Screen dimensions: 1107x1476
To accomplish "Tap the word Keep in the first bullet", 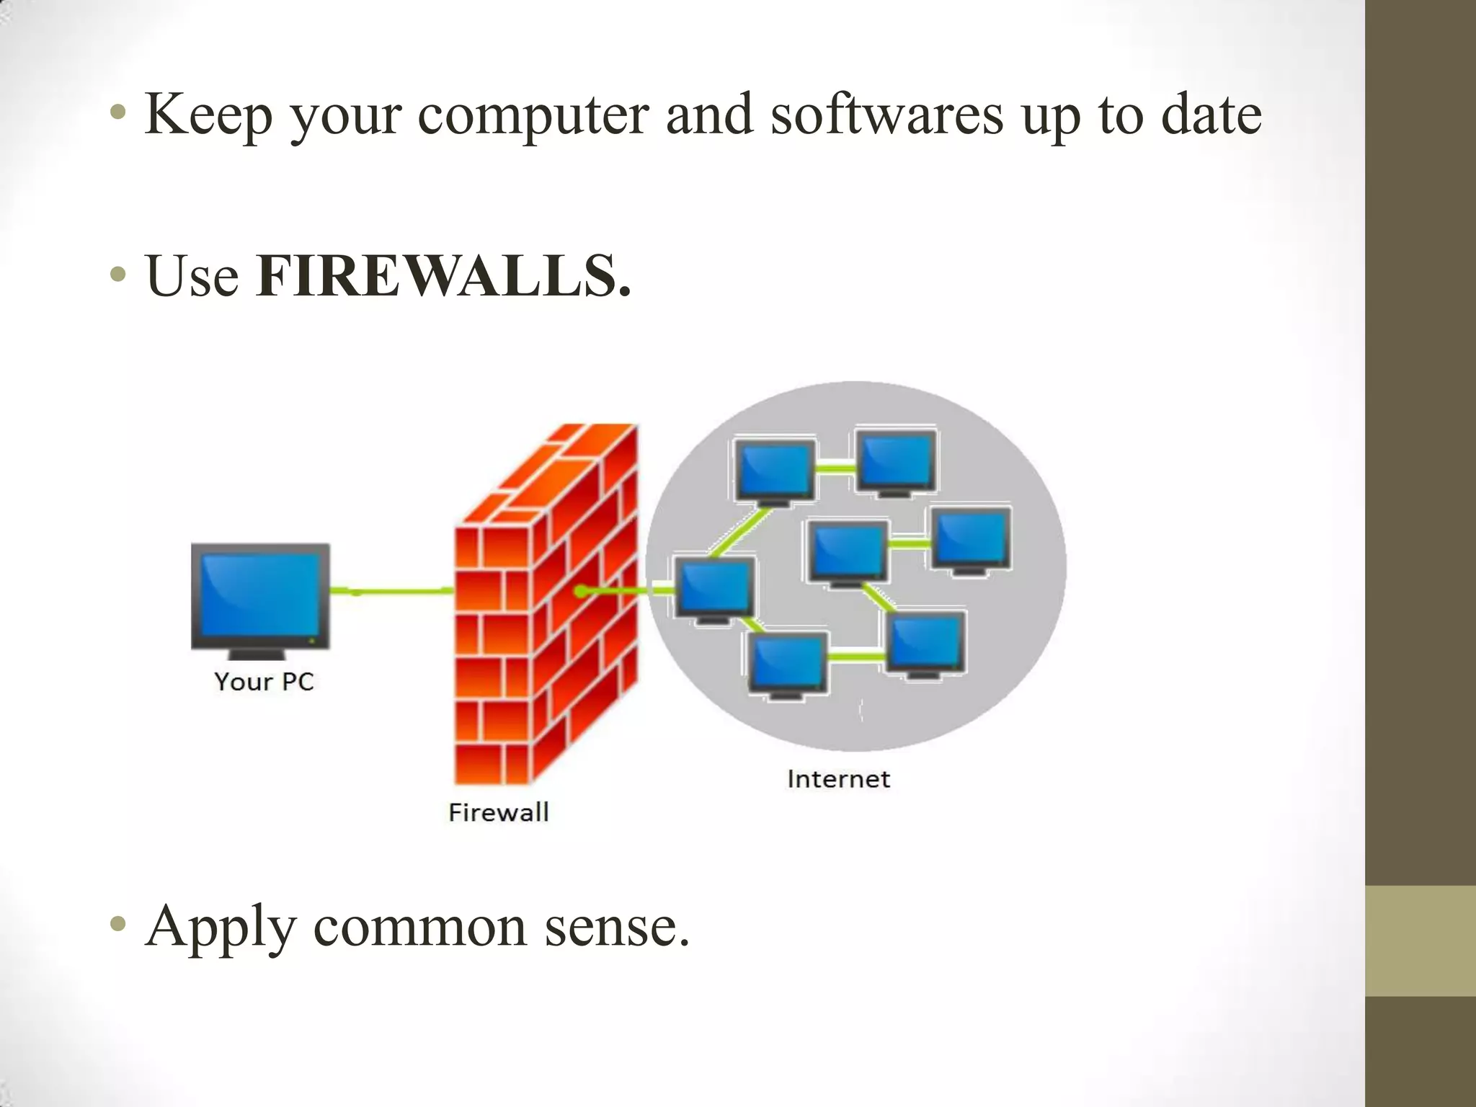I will (x=208, y=115).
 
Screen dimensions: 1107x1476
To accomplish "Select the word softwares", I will (x=886, y=115).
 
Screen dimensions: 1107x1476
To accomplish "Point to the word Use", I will (x=192, y=277).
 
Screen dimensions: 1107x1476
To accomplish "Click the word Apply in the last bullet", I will (x=221, y=928).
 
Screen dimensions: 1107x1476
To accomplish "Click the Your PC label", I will (x=264, y=682).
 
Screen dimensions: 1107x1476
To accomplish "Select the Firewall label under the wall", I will (x=498, y=813).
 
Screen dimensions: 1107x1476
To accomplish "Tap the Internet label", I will (x=838, y=779).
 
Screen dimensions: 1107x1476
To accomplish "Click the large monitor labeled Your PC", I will (x=260, y=597).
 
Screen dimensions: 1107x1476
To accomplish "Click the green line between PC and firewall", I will (x=393, y=592).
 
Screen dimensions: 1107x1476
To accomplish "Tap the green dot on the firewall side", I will (x=581, y=592).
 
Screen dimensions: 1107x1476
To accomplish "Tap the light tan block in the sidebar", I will (x=1420, y=941).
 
